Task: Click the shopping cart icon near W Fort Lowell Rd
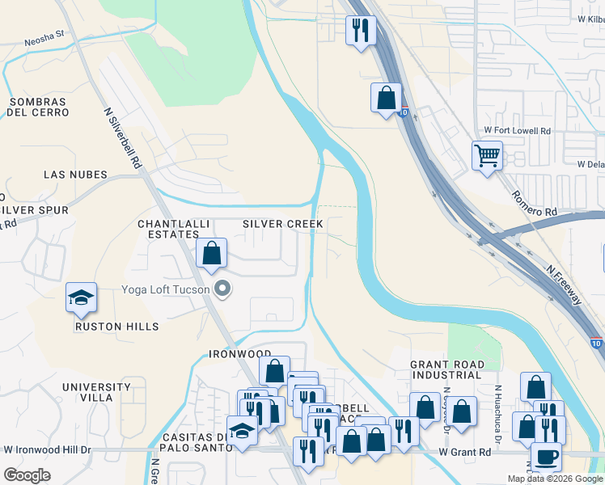(x=487, y=155)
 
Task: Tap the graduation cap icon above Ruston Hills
(x=81, y=298)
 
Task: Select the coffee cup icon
(x=545, y=457)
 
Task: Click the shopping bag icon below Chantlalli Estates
(x=211, y=253)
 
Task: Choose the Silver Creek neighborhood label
(x=283, y=224)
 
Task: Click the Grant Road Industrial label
(x=446, y=370)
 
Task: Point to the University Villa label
(x=95, y=393)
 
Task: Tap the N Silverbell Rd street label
(x=123, y=138)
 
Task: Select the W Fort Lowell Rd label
(x=517, y=130)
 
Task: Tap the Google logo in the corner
(x=27, y=474)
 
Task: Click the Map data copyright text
(x=554, y=479)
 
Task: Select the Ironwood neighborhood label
(x=239, y=354)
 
